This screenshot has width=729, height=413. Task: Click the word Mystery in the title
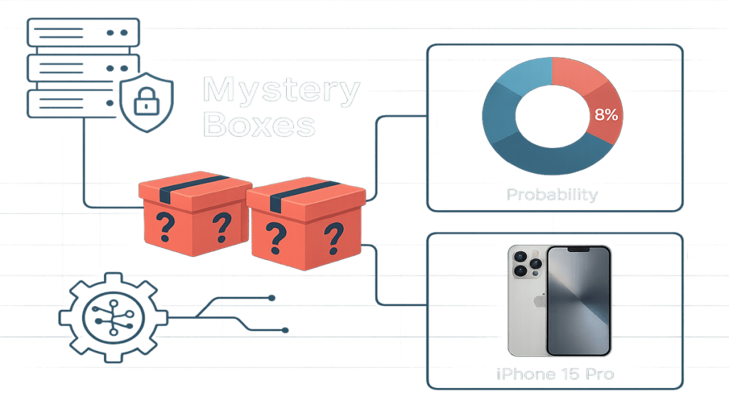280,92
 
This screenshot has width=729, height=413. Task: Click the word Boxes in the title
258,125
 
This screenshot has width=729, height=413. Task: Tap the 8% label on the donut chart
605,115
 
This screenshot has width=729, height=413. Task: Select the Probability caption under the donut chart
552,194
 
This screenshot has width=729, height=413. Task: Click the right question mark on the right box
332,234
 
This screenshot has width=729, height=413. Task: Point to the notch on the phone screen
578,251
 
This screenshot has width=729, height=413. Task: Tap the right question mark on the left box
221,226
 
